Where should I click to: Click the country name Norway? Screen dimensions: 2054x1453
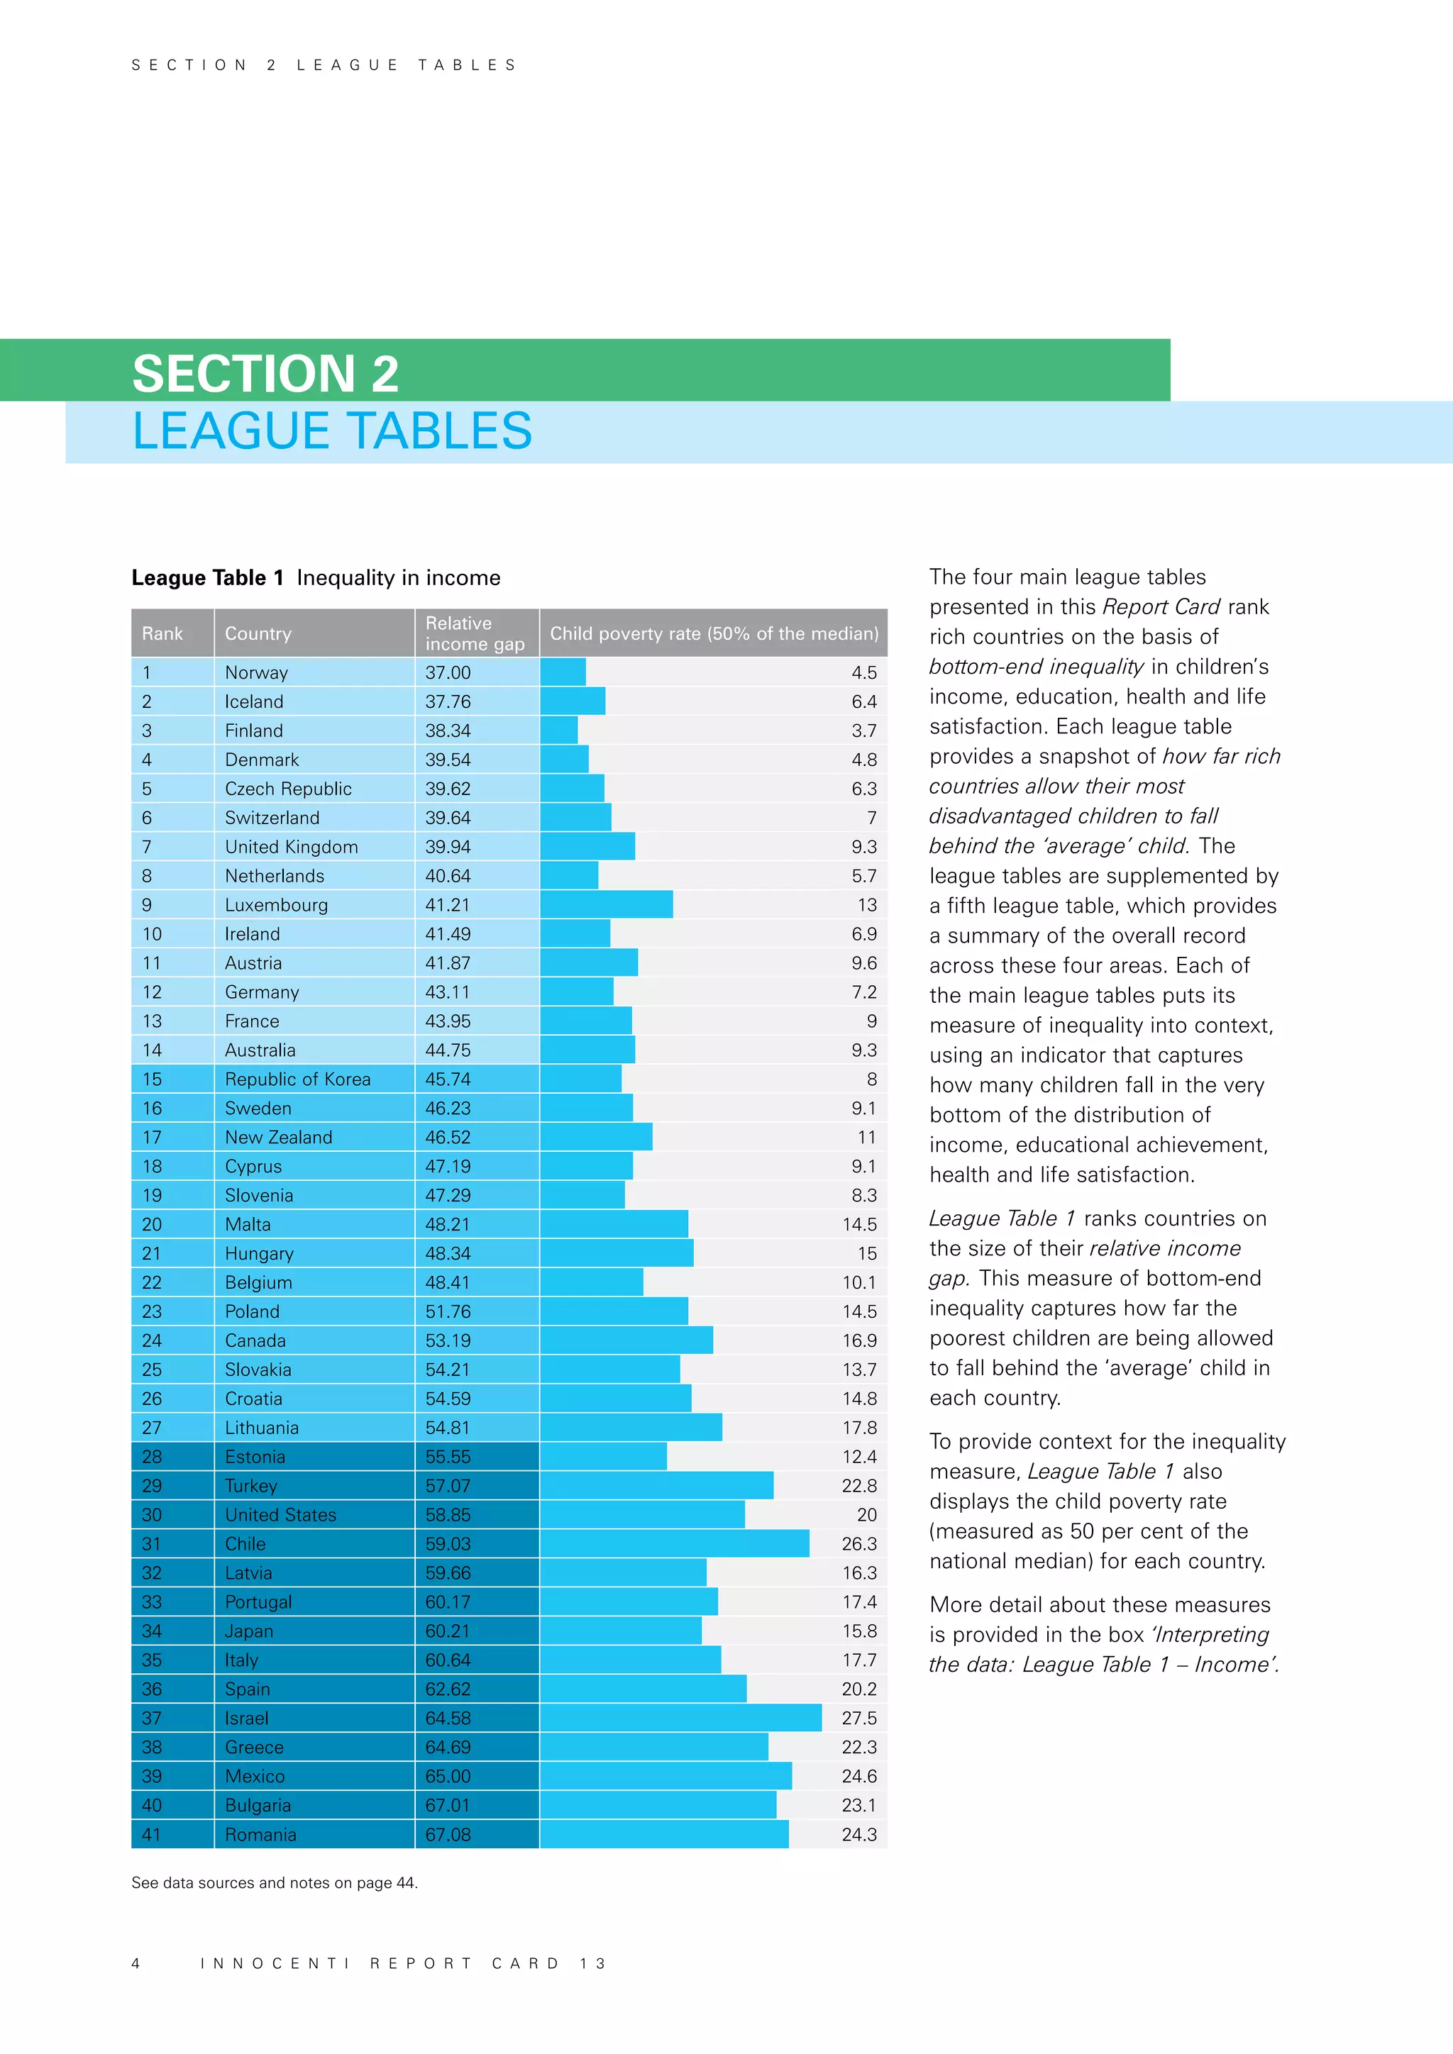pyautogui.click(x=256, y=673)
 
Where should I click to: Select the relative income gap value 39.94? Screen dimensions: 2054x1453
pyautogui.click(x=448, y=847)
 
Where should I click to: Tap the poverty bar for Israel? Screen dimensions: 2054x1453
pyautogui.click(x=680, y=1718)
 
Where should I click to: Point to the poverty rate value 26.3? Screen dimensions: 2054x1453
pyautogui.click(x=859, y=1544)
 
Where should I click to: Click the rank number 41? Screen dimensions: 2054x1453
pyautogui.click(x=151, y=1834)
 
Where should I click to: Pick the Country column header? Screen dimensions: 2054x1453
pyautogui.click(x=258, y=633)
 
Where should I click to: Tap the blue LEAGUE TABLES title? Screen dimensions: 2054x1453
pyautogui.click(x=332, y=431)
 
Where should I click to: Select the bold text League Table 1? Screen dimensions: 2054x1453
pyautogui.click(x=208, y=578)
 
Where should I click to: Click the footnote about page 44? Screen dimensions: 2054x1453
pyautogui.click(x=274, y=1882)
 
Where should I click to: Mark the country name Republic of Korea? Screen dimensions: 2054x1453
pyautogui.click(x=297, y=1079)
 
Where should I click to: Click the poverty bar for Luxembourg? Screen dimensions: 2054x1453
pyautogui.click(x=606, y=904)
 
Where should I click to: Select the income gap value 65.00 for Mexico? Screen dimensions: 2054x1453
pyautogui.click(x=448, y=1777)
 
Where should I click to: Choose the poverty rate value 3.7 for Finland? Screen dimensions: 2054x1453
pyautogui.click(x=863, y=731)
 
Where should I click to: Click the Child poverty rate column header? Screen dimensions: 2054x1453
pyautogui.click(x=713, y=633)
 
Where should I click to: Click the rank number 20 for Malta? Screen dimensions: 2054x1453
pyautogui.click(x=151, y=1225)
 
